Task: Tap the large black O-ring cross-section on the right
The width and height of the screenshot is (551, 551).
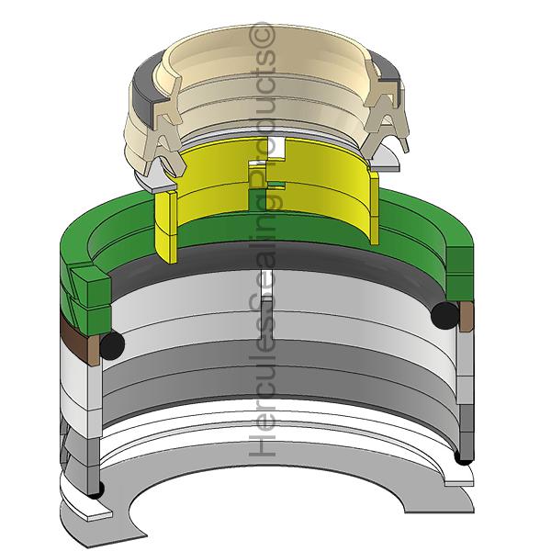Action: tap(444, 315)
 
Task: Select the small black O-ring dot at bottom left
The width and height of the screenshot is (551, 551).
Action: tap(96, 489)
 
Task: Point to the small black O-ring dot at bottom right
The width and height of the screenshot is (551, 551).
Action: tap(463, 457)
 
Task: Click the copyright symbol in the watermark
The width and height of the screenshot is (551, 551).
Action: tap(261, 35)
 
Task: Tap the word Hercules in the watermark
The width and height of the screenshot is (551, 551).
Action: tap(262, 387)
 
